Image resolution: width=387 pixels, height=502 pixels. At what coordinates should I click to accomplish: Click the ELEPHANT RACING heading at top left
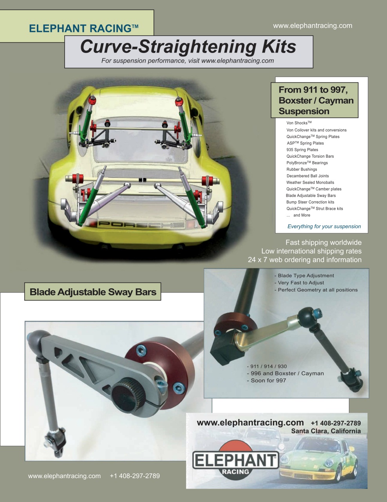(x=83, y=28)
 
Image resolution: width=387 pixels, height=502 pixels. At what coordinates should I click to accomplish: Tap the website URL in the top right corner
(x=312, y=26)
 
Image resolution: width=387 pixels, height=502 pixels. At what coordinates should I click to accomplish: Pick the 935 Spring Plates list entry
(x=302, y=150)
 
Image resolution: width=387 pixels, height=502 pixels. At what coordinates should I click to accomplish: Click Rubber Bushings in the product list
(x=302, y=169)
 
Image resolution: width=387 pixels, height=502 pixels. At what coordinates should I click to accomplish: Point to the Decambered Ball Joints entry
(x=307, y=176)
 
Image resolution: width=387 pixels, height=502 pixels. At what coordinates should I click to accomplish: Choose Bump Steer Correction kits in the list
(x=310, y=202)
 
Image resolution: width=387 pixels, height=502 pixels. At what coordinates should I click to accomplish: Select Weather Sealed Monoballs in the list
(x=310, y=183)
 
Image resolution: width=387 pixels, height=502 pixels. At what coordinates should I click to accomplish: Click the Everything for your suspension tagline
(x=324, y=227)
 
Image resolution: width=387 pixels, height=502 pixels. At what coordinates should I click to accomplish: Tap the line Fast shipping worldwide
(x=323, y=243)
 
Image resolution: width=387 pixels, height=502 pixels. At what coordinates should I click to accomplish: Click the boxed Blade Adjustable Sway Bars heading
(x=93, y=292)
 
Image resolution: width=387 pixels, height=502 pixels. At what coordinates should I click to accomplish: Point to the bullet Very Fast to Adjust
(x=300, y=283)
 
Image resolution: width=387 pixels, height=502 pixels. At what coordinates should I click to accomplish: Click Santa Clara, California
(x=326, y=431)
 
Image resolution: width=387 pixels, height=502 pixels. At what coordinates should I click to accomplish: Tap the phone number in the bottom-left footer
(x=135, y=476)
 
